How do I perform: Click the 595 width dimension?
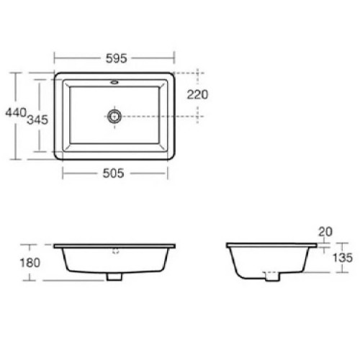(x=114, y=55)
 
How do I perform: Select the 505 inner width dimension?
(x=114, y=172)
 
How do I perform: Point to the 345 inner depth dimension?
(x=37, y=120)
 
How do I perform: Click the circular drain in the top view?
(x=114, y=115)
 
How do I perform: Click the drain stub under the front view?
(x=114, y=276)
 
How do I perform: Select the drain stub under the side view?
(x=271, y=275)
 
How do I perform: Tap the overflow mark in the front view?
(x=114, y=253)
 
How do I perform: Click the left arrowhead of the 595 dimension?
(x=56, y=55)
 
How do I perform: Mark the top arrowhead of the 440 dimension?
(x=16, y=73)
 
